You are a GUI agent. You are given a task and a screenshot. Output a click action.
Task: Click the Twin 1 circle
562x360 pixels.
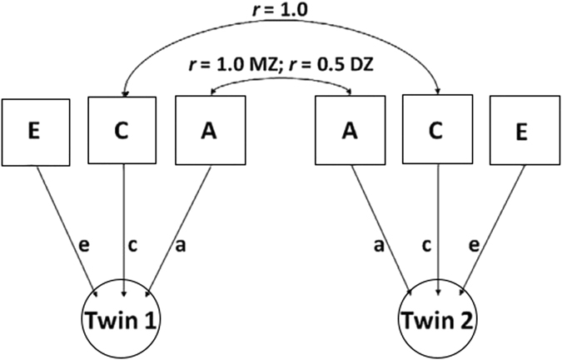124,320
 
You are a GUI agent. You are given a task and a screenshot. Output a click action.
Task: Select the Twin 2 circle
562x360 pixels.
437,320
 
